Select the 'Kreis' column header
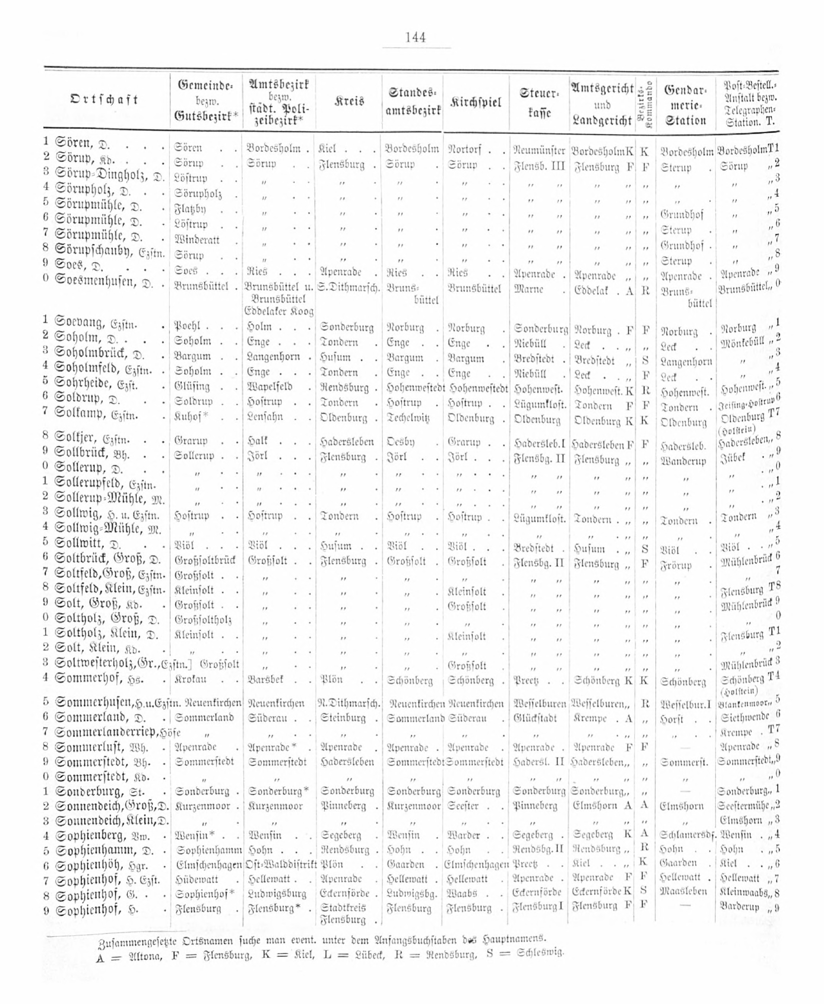(349, 101)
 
